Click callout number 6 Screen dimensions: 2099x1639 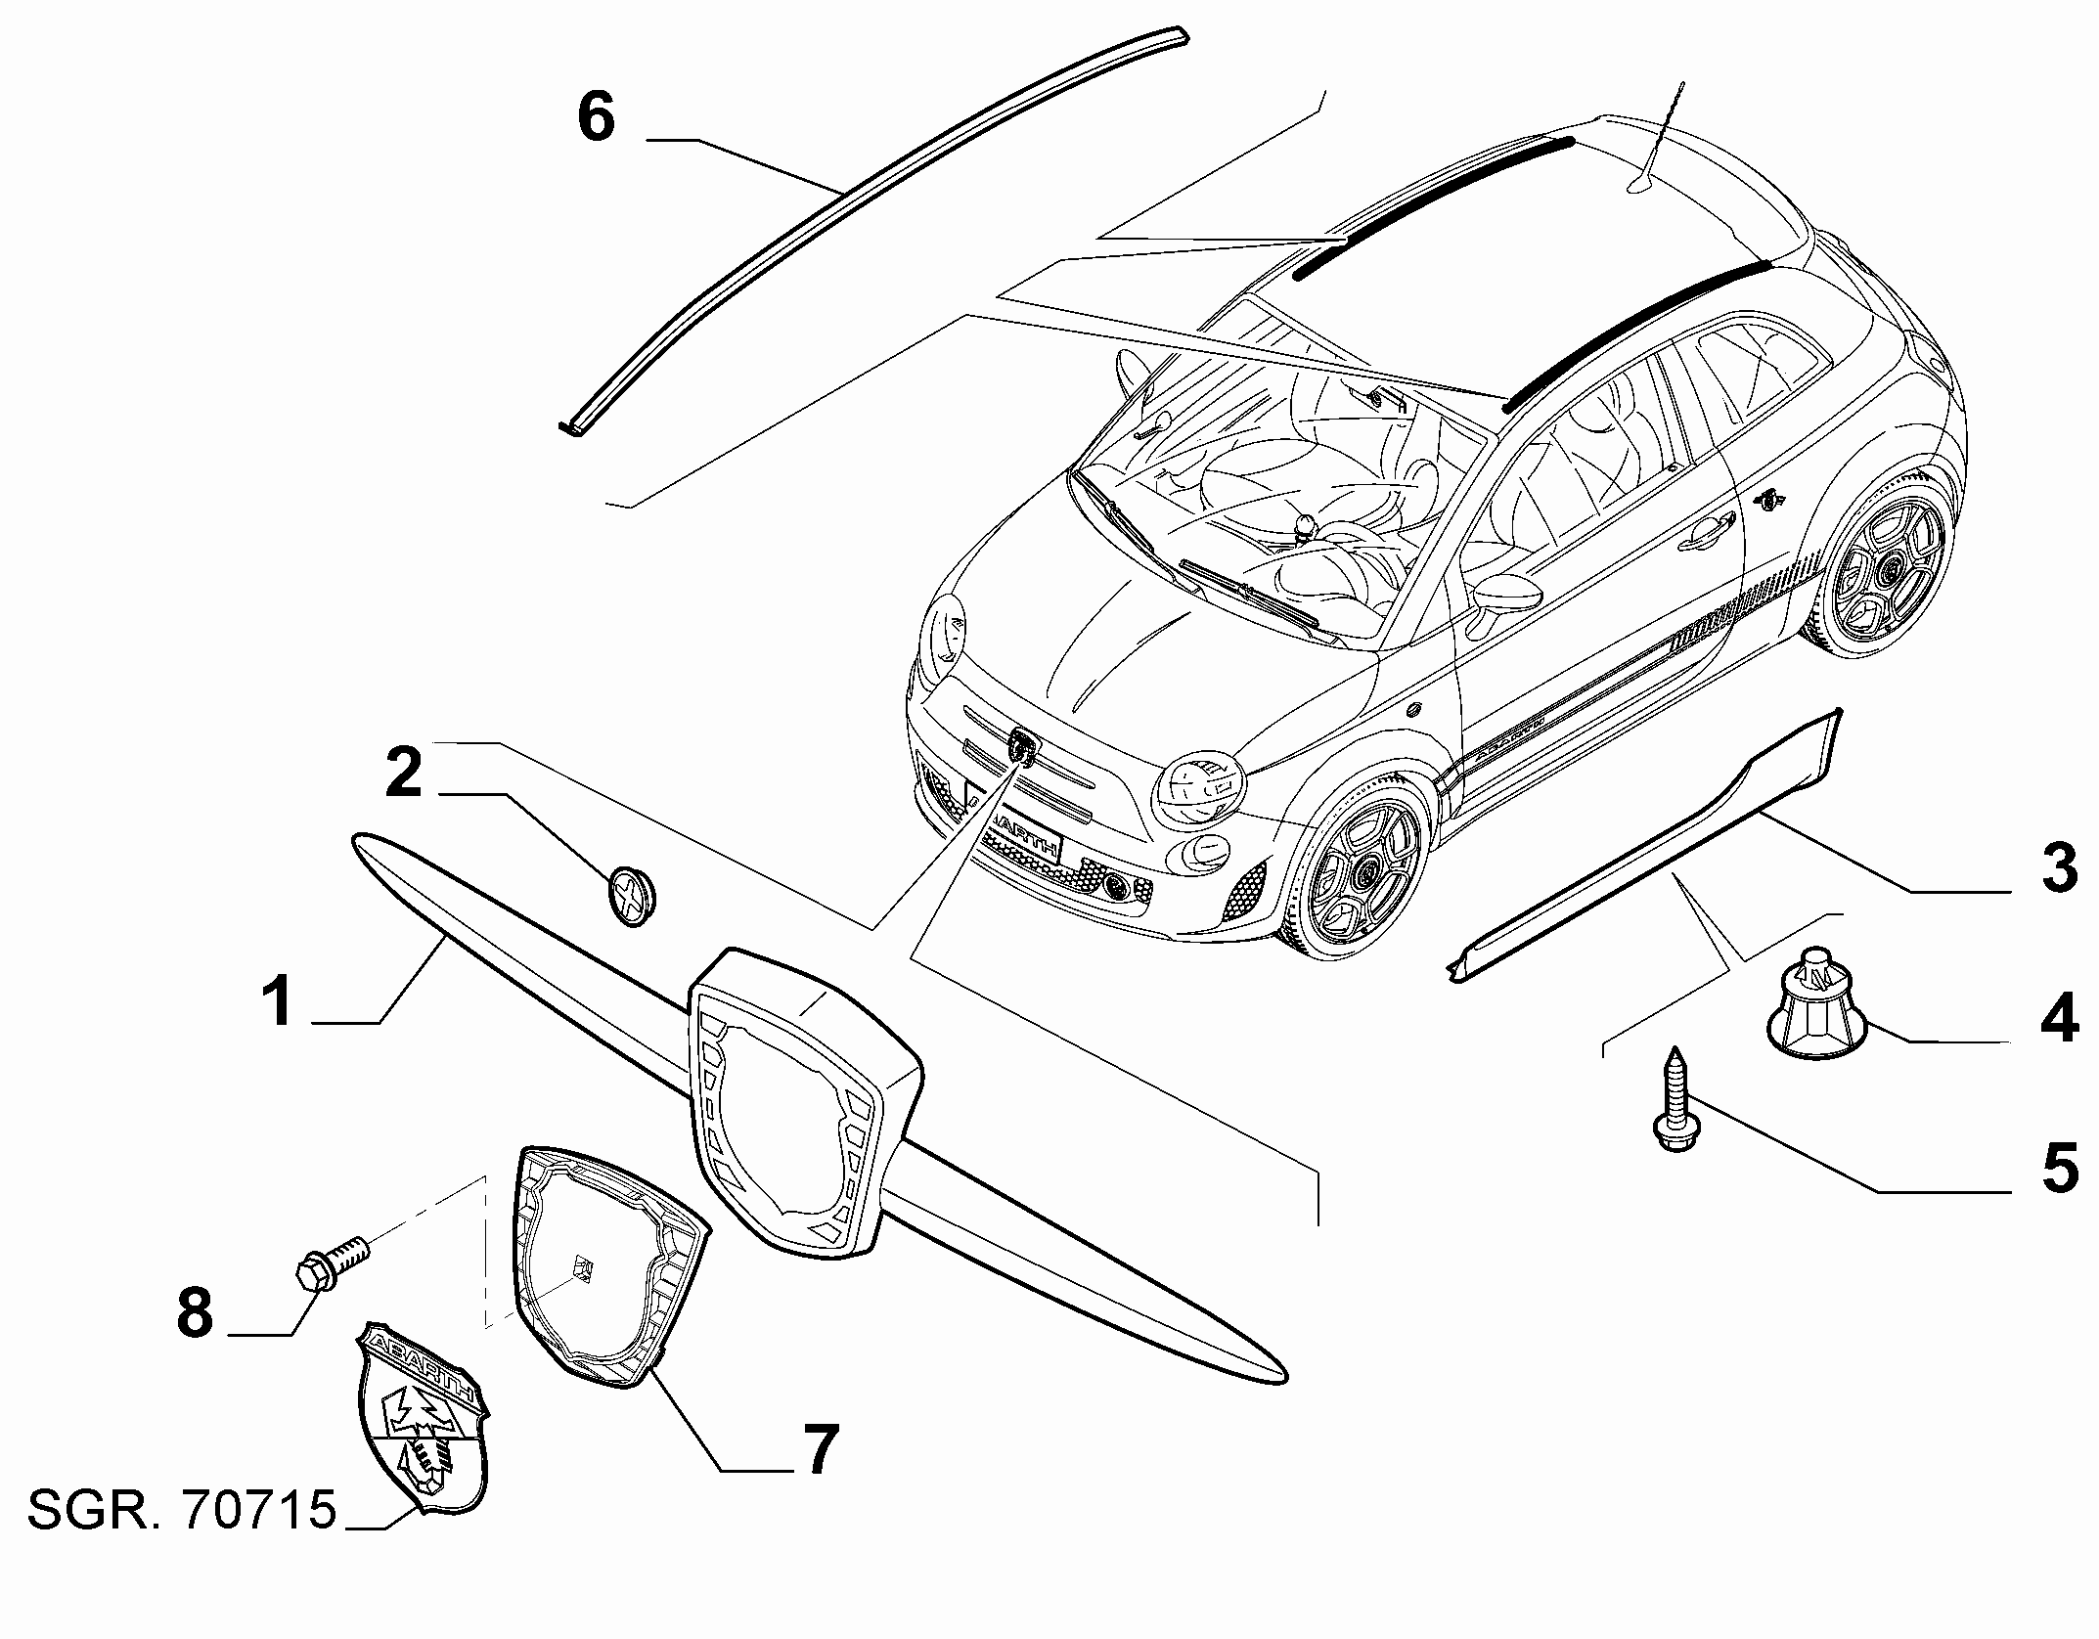point(597,117)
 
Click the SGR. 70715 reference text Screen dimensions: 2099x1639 point(182,1511)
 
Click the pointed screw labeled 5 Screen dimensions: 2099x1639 point(1676,1097)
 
